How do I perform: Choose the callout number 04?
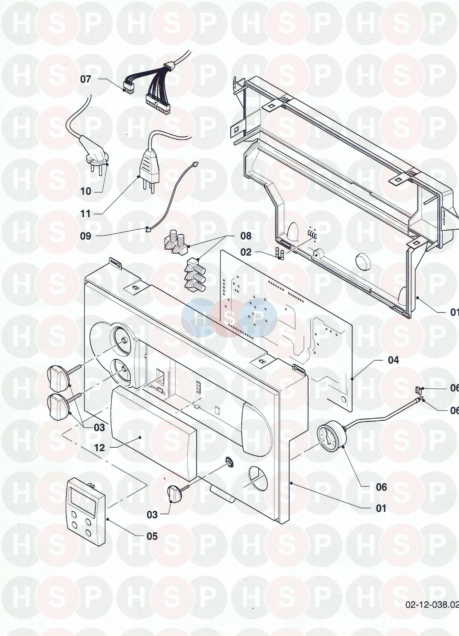(x=393, y=360)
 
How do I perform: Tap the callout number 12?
(x=99, y=448)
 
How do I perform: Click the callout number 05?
(x=152, y=536)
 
